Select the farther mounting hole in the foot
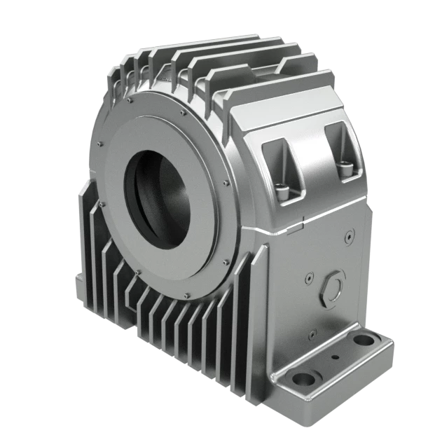[364, 341]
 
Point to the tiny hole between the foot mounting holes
[335, 359]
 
